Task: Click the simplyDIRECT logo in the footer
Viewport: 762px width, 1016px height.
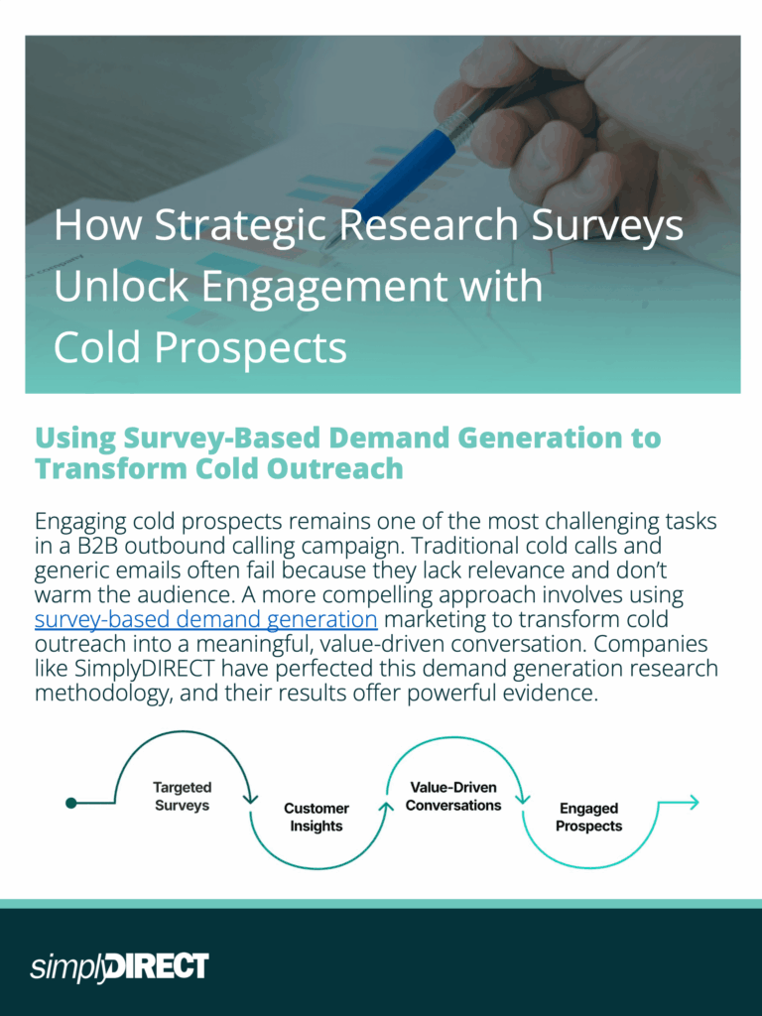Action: point(119,967)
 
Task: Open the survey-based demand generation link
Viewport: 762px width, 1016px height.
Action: point(206,619)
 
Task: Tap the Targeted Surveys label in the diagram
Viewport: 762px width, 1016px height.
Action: point(183,797)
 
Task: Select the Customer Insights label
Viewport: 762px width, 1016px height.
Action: point(317,818)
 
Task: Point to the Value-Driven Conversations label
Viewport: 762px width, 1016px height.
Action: point(453,797)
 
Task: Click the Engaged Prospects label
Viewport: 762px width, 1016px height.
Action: point(589,818)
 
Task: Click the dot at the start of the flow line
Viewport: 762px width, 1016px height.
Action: point(71,804)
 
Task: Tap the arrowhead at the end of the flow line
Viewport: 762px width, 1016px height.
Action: point(693,803)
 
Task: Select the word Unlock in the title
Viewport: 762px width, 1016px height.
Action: point(121,286)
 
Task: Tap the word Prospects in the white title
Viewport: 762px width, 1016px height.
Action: point(250,348)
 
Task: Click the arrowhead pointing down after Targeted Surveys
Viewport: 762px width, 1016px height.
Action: point(251,799)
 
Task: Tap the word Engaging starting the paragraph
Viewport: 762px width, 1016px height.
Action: point(80,522)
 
